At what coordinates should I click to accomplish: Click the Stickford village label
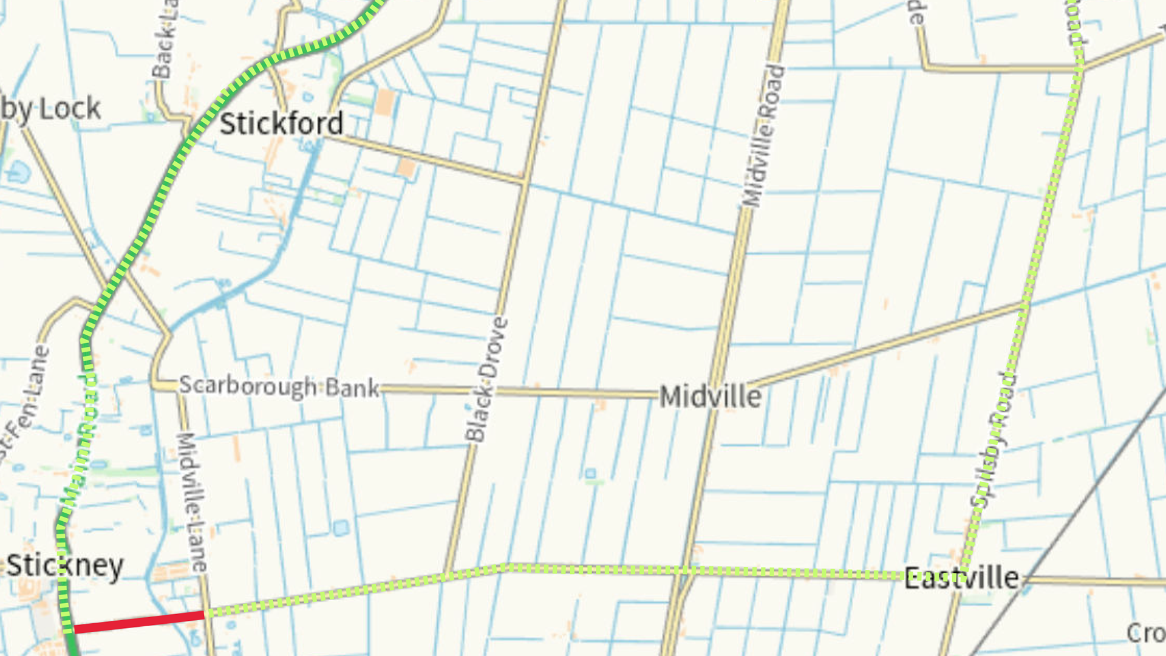pyautogui.click(x=281, y=124)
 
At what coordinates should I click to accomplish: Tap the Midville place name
pyautogui.click(x=710, y=397)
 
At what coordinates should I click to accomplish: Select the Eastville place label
pyautogui.click(x=961, y=578)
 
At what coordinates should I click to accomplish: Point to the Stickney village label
pyautogui.click(x=65, y=566)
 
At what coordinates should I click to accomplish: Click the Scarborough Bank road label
pyautogui.click(x=279, y=386)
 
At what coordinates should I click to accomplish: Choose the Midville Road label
pyautogui.click(x=763, y=136)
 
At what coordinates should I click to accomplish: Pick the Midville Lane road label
pyautogui.click(x=193, y=502)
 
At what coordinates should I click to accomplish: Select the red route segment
pyautogui.click(x=138, y=623)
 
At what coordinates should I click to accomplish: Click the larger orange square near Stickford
pyautogui.click(x=384, y=102)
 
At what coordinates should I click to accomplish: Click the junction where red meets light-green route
pyautogui.click(x=206, y=615)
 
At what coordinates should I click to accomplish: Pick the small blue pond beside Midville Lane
pyautogui.click(x=341, y=527)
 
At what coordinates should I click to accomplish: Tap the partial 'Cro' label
pyautogui.click(x=1145, y=633)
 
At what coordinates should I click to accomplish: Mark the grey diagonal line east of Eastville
pyautogui.click(x=1081, y=504)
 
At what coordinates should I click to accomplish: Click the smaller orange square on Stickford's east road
pyautogui.click(x=406, y=168)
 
